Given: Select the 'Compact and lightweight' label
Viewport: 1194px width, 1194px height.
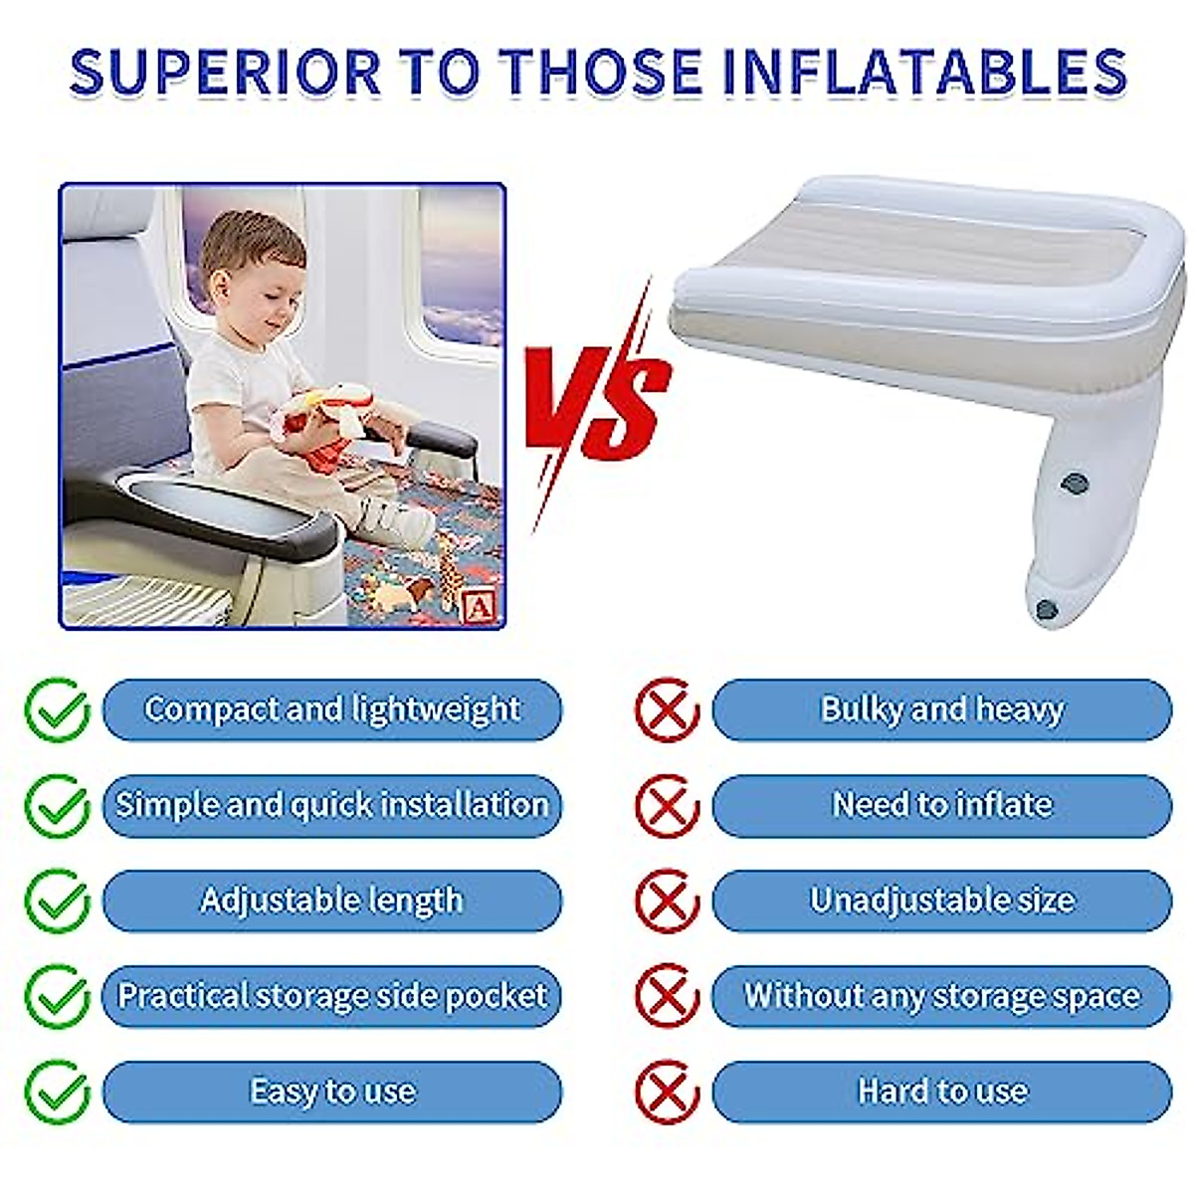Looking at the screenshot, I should pyautogui.click(x=332, y=709).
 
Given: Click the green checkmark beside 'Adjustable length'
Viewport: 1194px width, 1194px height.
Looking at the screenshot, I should pyautogui.click(x=57, y=900).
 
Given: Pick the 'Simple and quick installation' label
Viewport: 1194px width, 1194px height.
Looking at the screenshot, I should pyautogui.click(x=332, y=805).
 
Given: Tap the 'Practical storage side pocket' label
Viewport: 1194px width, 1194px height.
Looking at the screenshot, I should pyautogui.click(x=332, y=996).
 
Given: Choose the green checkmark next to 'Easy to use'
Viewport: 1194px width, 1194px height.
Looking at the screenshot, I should pyautogui.click(x=57, y=1092).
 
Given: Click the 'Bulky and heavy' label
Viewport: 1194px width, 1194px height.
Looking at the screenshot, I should pyautogui.click(x=942, y=709).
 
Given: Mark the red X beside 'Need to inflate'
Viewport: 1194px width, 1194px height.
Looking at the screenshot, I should pyautogui.click(x=667, y=805).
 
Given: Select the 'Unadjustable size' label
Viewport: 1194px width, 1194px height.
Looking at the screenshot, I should pyautogui.click(x=942, y=900).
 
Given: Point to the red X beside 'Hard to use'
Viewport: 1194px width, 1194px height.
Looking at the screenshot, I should pyautogui.click(x=667, y=1092).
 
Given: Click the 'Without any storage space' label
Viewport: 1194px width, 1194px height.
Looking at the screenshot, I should pyautogui.click(x=942, y=996).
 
